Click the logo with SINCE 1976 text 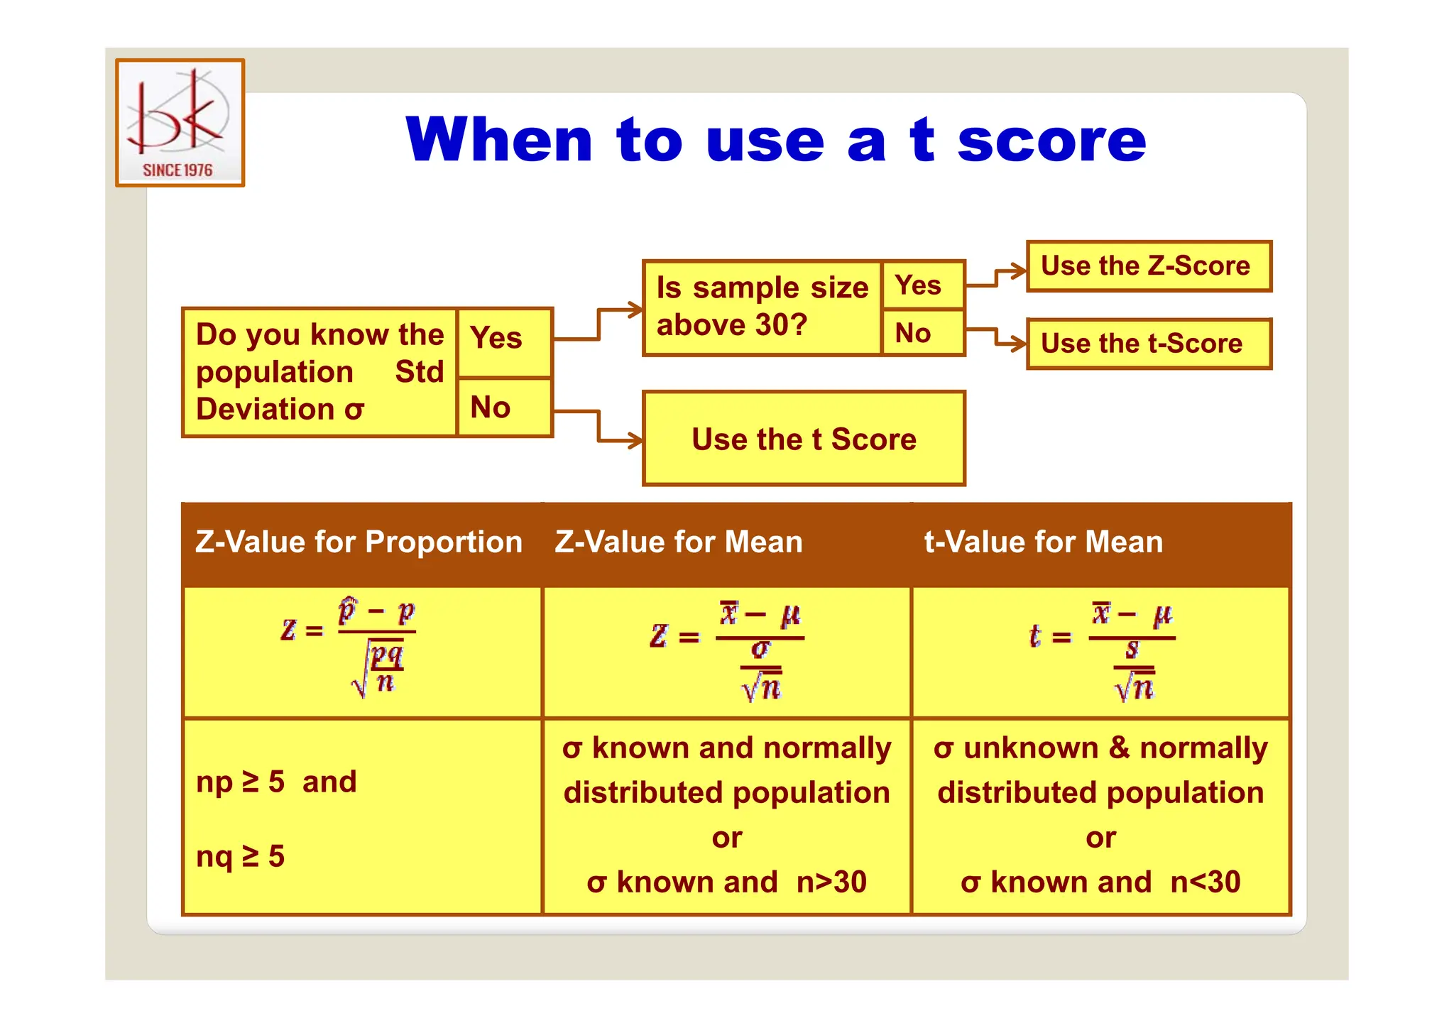coord(180,123)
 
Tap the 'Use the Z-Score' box coord(1148,266)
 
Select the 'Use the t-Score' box coord(1148,344)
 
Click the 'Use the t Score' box coord(804,439)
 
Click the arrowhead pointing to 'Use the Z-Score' coord(1020,270)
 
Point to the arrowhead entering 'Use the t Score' coord(635,441)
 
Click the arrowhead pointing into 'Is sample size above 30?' coord(635,310)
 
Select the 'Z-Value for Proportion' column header coord(359,542)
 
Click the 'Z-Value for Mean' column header coord(678,542)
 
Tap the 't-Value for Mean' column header coord(1043,542)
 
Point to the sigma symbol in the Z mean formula coord(760,649)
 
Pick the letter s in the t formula coord(1132,649)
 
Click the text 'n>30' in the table coord(831,882)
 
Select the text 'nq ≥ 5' coord(240,857)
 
